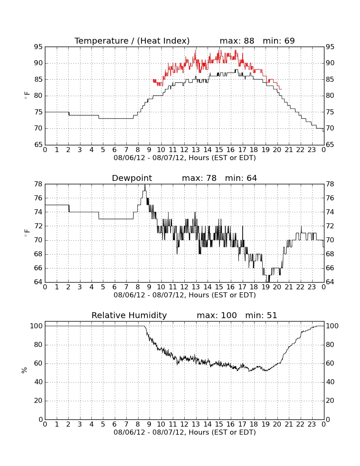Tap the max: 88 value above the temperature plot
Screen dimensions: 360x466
tap(237, 41)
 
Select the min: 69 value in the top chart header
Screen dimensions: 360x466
tap(279, 41)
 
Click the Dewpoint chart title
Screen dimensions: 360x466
tap(132, 178)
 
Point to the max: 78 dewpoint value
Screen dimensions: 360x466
tap(199, 178)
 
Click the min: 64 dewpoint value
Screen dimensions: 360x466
tap(241, 178)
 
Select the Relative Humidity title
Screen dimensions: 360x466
tap(129, 315)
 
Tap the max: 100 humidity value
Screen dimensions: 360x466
tap(217, 315)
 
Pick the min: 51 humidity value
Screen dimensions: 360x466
tap(261, 315)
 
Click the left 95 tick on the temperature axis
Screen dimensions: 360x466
tap(38, 47)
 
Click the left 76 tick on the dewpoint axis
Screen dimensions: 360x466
tap(38, 198)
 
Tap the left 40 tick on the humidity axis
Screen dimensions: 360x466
tap(38, 382)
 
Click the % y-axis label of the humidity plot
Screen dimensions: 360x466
tap(25, 370)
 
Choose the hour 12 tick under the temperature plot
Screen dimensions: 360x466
tap(185, 150)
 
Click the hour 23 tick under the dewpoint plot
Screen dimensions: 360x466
tap(312, 287)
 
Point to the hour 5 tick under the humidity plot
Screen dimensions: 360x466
tap(103, 424)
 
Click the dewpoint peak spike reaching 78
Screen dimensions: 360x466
tap(145, 185)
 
